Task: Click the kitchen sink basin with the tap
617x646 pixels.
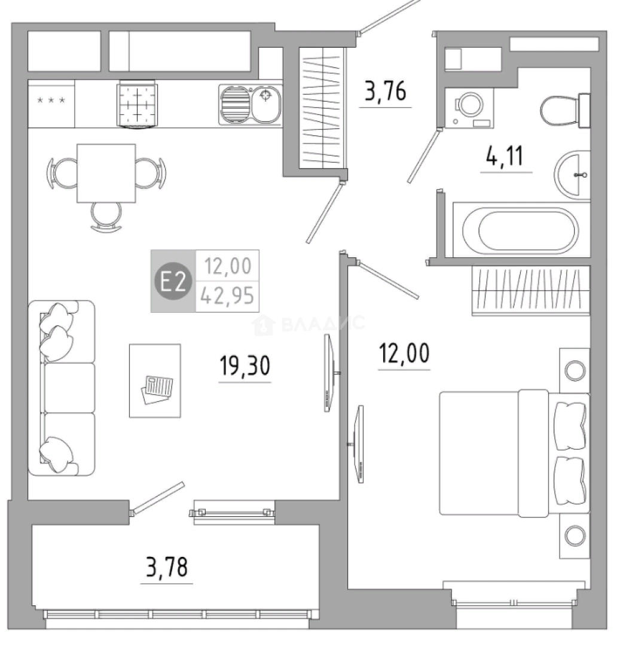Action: (x=266, y=104)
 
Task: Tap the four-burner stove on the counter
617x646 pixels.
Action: (x=137, y=104)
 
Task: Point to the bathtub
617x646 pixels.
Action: (x=521, y=230)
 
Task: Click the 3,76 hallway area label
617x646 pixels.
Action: (x=386, y=91)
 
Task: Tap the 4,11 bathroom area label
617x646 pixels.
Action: (x=505, y=156)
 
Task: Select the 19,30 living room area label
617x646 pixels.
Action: (x=245, y=365)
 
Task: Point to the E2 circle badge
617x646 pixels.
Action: (x=173, y=281)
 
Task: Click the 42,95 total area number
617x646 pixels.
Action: (x=227, y=296)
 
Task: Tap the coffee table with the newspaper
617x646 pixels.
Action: (x=155, y=380)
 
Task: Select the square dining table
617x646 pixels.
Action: (x=106, y=173)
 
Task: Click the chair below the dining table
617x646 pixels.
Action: (x=106, y=217)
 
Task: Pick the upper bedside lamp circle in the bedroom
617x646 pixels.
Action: (x=575, y=370)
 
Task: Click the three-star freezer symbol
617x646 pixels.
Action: (x=51, y=100)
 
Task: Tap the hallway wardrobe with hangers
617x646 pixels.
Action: (x=322, y=108)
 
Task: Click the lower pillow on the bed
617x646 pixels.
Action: (x=570, y=480)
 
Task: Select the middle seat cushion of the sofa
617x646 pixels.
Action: (x=69, y=387)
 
